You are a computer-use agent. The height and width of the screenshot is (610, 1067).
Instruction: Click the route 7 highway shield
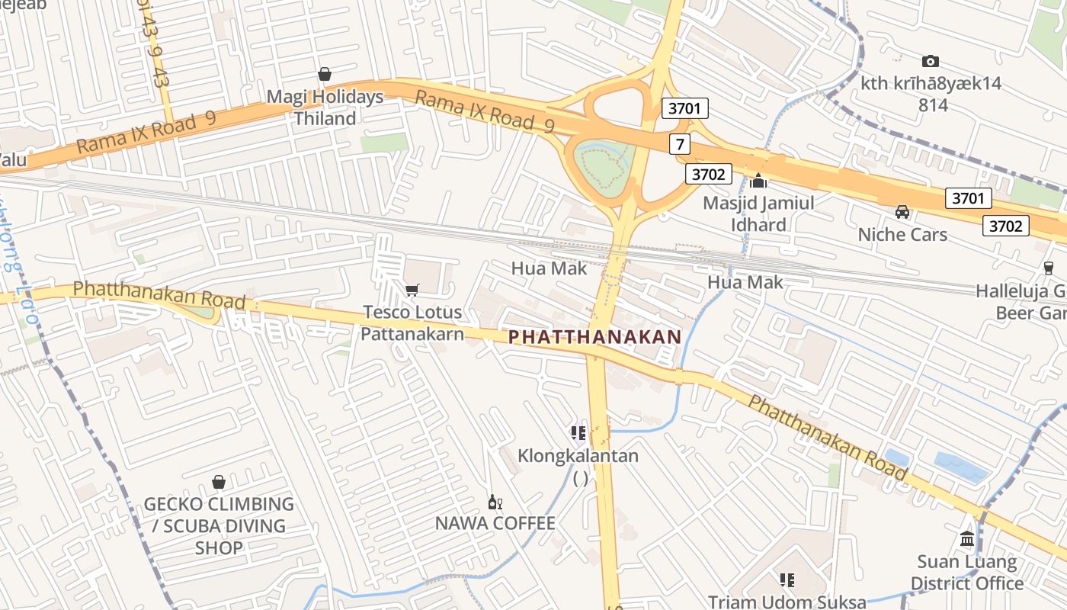(680, 143)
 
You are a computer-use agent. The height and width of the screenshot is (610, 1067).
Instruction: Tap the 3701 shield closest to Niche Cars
(968, 199)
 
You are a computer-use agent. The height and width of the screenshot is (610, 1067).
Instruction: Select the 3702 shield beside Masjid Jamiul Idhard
(708, 175)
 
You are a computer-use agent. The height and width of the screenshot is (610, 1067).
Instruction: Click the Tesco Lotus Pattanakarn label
(412, 323)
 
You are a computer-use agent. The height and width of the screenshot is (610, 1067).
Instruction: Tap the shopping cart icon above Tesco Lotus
(412, 290)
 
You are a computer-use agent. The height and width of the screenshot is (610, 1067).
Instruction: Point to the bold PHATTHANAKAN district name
(594, 336)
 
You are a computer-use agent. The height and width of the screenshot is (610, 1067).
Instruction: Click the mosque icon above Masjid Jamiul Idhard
(758, 181)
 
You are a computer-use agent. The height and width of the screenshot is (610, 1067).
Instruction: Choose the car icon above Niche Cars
(902, 212)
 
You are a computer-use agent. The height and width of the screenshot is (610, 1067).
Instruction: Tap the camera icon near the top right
(930, 61)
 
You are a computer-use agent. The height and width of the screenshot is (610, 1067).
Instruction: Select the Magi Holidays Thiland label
(325, 108)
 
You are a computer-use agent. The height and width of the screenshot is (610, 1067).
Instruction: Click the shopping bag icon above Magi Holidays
(325, 74)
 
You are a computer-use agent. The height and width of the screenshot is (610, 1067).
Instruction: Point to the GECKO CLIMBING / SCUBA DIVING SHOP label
(219, 525)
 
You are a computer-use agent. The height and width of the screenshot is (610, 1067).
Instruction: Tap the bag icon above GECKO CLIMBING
(219, 482)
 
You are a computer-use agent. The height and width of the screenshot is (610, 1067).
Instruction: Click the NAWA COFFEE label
(495, 523)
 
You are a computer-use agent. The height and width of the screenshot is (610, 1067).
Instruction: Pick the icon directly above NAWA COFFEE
(495, 502)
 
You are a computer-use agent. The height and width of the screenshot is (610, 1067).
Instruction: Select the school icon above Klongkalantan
(578, 433)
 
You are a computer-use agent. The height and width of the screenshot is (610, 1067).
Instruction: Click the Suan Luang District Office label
(967, 573)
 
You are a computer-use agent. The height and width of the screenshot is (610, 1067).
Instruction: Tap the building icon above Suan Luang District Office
(967, 539)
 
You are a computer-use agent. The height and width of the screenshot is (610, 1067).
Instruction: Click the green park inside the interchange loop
(602, 164)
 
